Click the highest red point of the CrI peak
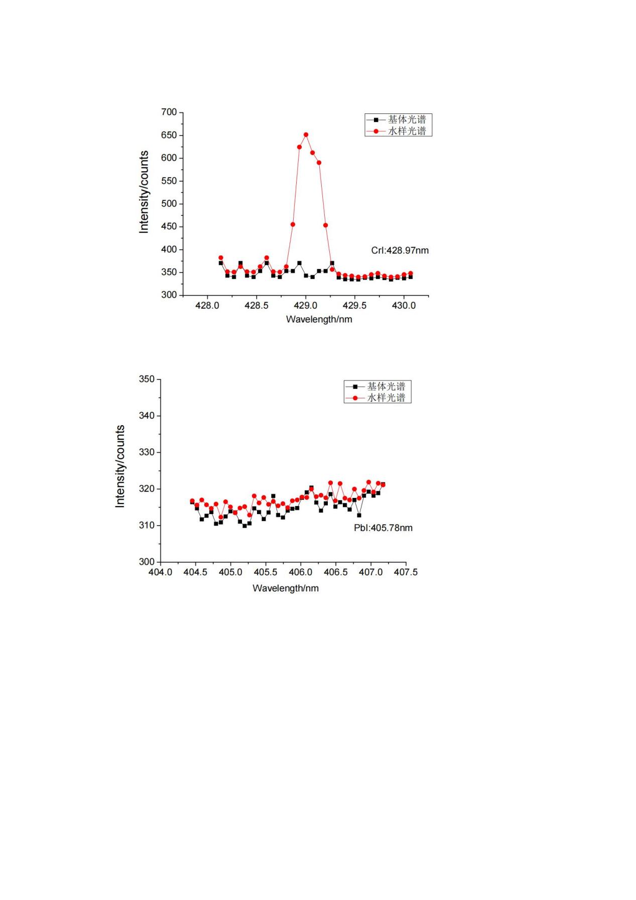(306, 135)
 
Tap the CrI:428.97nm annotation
(400, 250)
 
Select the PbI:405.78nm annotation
(383, 528)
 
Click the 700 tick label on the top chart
(169, 112)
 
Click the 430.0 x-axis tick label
(404, 306)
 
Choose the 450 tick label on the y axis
(169, 226)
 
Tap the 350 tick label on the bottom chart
(147, 379)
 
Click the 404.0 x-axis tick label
(160, 572)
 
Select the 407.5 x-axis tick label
(406, 572)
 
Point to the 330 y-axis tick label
(147, 452)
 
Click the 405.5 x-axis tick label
(265, 572)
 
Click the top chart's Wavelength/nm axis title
(319, 319)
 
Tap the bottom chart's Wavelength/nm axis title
(285, 588)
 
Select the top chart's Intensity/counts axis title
(144, 192)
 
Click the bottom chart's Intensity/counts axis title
(120, 466)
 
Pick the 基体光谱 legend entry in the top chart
(398, 119)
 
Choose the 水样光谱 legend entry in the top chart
(398, 131)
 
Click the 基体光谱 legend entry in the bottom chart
(377, 387)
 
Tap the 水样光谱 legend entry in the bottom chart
(377, 398)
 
